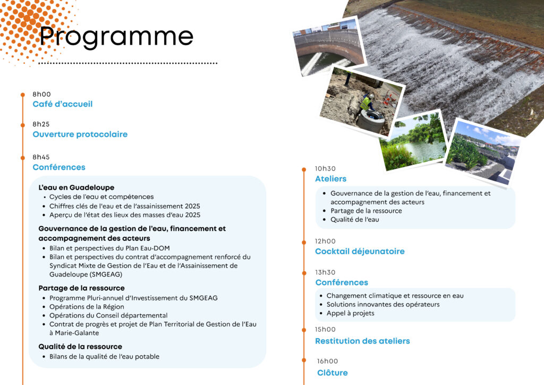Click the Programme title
point(116,37)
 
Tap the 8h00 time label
point(41,95)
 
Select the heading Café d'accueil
point(63,104)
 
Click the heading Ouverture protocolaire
point(80,135)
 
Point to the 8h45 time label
point(41,157)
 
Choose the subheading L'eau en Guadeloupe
point(76,187)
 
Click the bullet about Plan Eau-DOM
point(109,248)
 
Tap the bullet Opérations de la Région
point(87,306)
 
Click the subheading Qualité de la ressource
point(80,346)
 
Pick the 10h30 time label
point(325,169)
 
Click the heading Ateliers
point(330,179)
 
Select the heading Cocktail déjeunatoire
point(360,252)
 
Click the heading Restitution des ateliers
point(362,341)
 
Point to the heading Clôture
point(333,373)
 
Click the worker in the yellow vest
point(366,103)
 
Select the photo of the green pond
point(413,141)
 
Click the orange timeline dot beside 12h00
point(304,242)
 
